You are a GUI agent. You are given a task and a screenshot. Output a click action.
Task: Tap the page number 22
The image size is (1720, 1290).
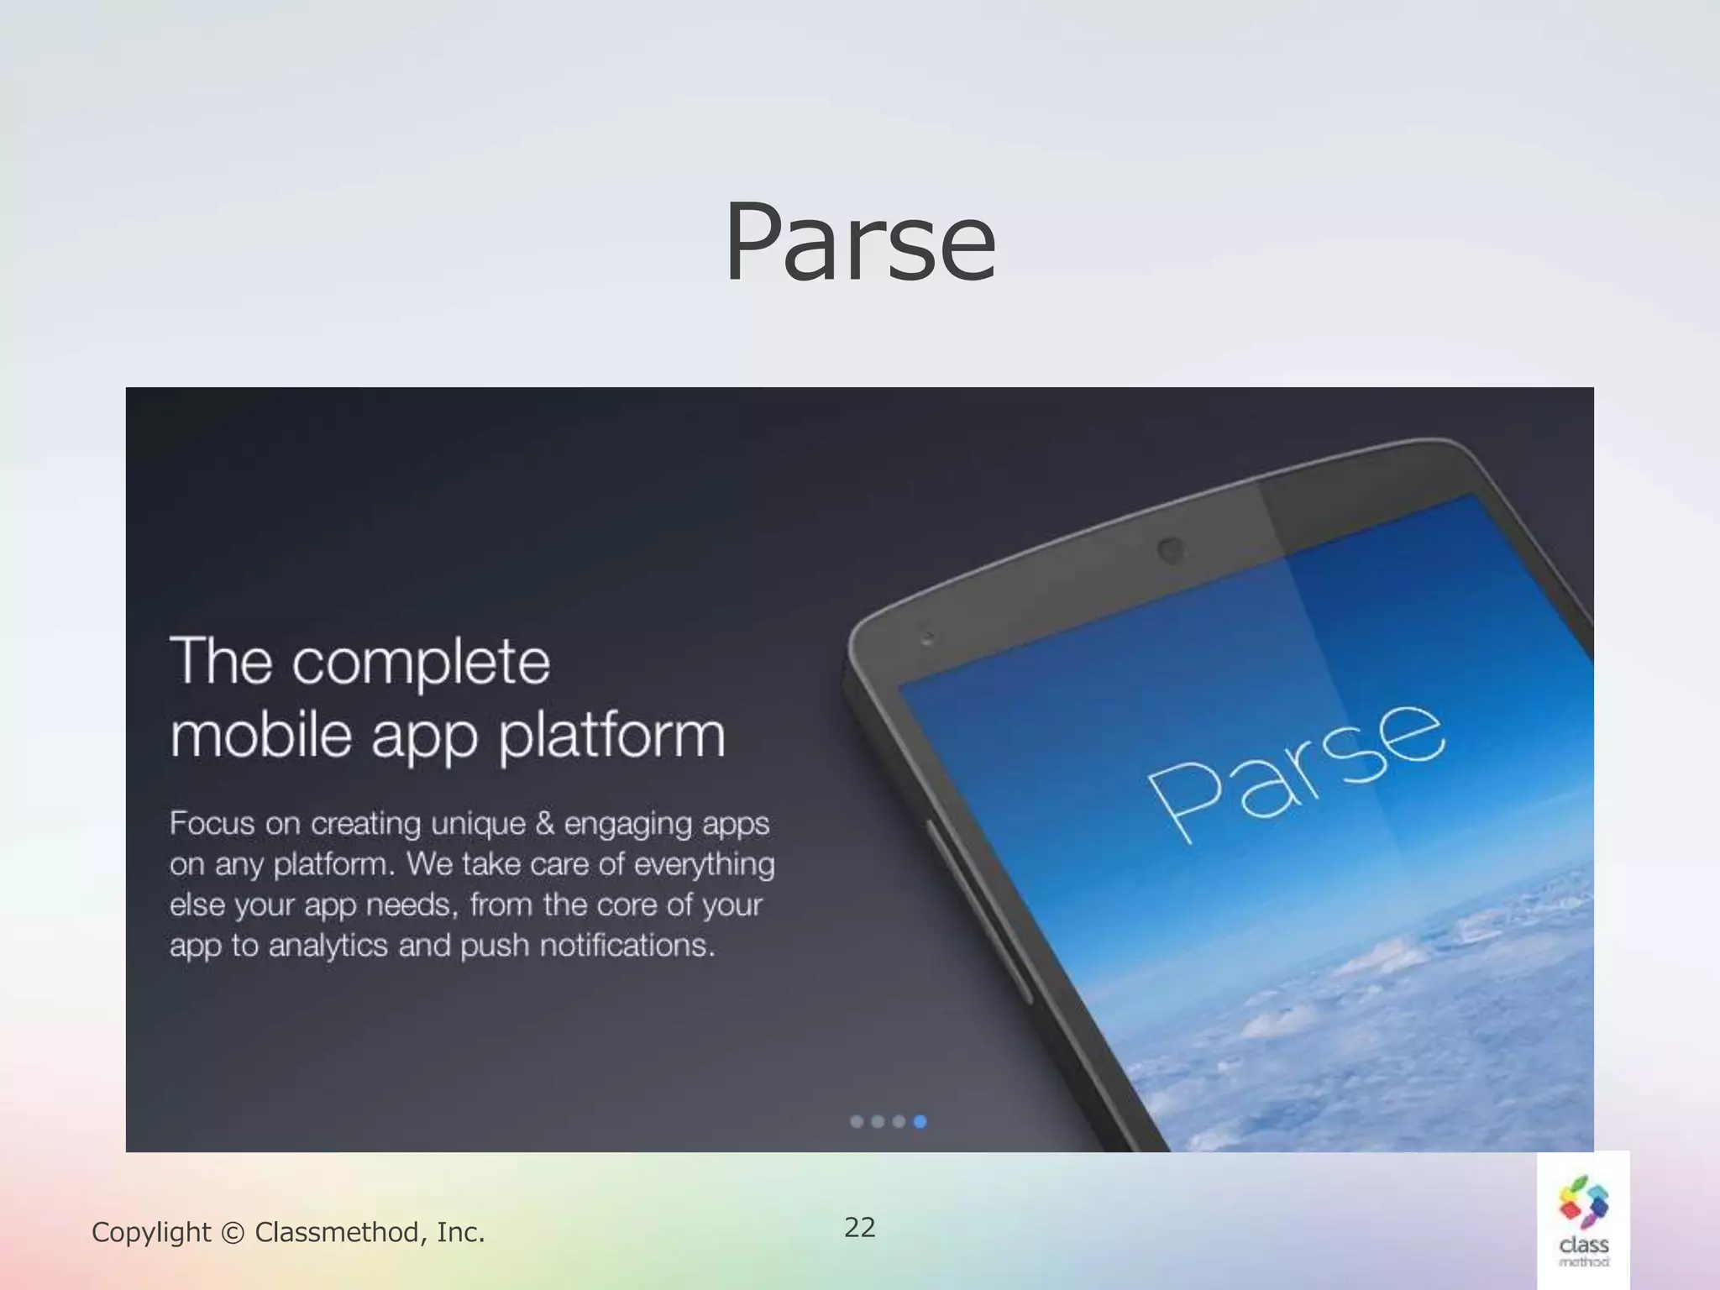point(859,1227)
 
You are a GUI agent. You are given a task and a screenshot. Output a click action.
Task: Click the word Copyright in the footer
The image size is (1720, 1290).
point(151,1232)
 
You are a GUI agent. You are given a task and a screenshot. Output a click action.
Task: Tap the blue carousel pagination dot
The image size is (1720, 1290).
point(920,1121)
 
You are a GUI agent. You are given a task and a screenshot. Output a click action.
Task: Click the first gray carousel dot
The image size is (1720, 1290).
point(857,1121)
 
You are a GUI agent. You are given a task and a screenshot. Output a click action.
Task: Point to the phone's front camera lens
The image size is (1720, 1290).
point(1171,551)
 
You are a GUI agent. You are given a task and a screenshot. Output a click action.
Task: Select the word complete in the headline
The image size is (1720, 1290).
point(421,663)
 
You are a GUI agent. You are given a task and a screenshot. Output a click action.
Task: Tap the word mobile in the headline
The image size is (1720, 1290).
point(260,735)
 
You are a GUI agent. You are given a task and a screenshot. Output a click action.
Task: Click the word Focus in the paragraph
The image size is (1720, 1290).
point(212,823)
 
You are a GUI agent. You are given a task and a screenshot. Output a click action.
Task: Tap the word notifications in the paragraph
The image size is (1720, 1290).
point(627,946)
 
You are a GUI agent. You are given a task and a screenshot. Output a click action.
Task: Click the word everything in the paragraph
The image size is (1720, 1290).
point(704,865)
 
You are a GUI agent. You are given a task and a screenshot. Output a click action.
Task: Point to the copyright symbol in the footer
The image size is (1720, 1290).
point(233,1233)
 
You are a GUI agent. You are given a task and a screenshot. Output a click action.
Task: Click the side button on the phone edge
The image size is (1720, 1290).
point(978,907)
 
